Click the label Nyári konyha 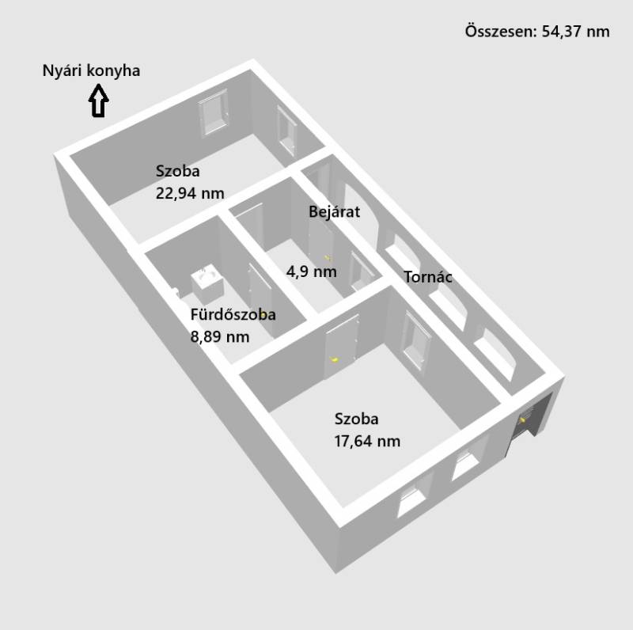[x=91, y=70]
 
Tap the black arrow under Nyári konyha [x=98, y=101]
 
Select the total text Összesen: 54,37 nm [x=537, y=32]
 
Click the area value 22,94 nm [x=190, y=192]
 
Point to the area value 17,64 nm [x=367, y=441]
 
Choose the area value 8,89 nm [x=220, y=336]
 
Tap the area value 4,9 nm [x=311, y=271]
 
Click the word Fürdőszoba [x=233, y=314]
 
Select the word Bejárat [x=335, y=211]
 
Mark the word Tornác [x=428, y=277]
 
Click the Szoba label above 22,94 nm [x=178, y=170]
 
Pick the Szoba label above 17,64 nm [x=356, y=419]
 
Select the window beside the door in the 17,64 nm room [x=416, y=340]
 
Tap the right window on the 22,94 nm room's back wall [x=286, y=131]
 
